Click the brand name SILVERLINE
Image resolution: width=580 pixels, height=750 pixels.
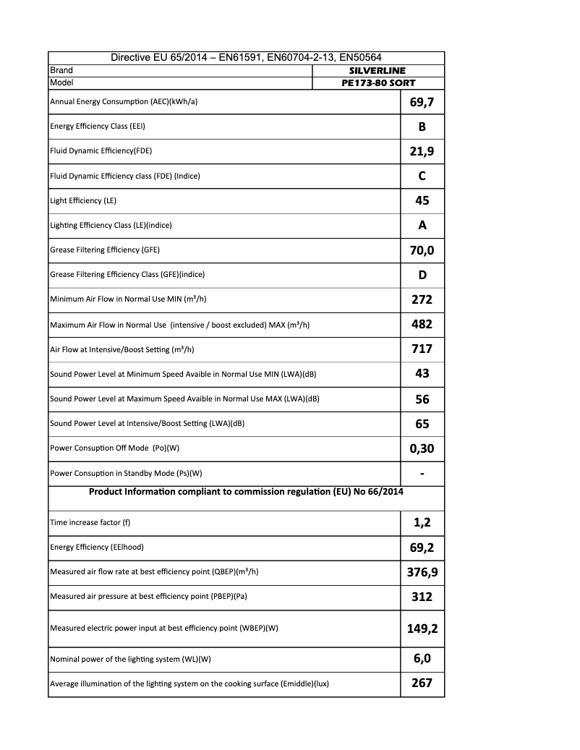(x=378, y=71)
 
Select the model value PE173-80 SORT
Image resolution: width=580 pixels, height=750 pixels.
(x=378, y=83)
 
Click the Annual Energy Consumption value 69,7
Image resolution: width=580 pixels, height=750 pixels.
(x=422, y=102)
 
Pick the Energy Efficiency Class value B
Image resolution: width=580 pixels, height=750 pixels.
(x=422, y=127)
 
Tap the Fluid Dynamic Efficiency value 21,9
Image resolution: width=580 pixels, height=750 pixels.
(x=422, y=151)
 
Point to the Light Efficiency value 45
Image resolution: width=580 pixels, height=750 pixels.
(x=422, y=200)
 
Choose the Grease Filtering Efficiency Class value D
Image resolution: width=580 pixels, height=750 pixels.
(x=422, y=275)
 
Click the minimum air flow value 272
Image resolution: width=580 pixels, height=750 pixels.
(x=422, y=299)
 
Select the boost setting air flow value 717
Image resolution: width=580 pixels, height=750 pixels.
(x=422, y=349)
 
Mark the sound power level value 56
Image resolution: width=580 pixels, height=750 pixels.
(x=422, y=399)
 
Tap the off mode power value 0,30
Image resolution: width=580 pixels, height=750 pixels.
(x=422, y=448)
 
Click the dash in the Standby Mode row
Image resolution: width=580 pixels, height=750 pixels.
(x=422, y=474)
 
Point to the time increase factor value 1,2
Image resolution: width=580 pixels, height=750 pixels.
(x=422, y=522)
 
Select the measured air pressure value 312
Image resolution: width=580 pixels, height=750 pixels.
(x=422, y=597)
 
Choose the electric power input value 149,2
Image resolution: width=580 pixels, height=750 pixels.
(x=422, y=628)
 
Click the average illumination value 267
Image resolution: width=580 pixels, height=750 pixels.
(x=422, y=683)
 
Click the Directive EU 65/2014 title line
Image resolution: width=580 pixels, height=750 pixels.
(x=246, y=58)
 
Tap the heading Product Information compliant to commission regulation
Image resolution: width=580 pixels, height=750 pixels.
(x=246, y=492)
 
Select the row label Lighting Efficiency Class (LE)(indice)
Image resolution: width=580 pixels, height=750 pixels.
(x=111, y=225)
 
